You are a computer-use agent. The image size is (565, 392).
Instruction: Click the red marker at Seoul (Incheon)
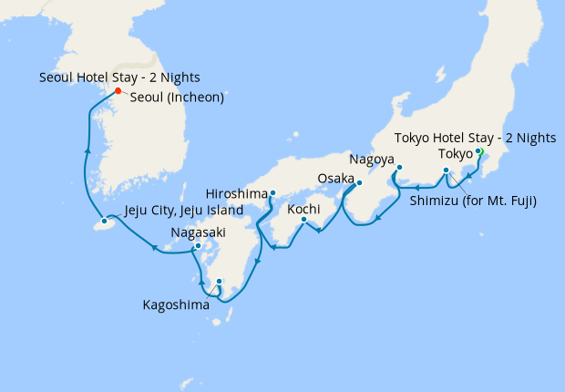118,90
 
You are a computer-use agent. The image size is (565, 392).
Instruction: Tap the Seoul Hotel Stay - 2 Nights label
119,77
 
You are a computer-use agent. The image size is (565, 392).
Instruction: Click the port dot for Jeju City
106,222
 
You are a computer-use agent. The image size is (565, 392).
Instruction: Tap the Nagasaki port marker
198,246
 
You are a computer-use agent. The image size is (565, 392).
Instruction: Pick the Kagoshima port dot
219,281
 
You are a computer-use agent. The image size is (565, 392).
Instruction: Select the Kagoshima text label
175,304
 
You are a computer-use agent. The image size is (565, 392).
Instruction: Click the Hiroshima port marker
272,193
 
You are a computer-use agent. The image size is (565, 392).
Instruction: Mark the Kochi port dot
303,219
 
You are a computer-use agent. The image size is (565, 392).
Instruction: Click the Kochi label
303,209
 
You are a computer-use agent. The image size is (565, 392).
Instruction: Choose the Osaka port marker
359,182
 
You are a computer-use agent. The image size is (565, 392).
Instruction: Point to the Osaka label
335,178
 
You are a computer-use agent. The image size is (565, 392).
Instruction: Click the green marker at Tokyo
478,153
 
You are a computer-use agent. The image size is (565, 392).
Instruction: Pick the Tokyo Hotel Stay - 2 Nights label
474,138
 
